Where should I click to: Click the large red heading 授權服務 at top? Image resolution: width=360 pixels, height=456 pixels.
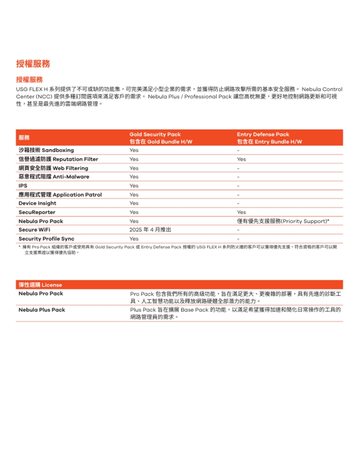coord(33,64)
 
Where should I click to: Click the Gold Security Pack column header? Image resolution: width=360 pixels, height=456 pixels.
coord(155,134)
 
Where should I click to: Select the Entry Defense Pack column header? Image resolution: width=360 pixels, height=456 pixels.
coord(263,134)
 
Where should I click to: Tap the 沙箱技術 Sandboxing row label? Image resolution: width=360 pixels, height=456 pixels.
coord(46,150)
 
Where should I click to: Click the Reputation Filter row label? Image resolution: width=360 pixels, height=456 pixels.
coord(58,159)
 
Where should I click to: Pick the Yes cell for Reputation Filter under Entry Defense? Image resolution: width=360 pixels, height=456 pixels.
coord(241,159)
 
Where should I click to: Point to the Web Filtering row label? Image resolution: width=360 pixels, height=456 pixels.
coord(53,168)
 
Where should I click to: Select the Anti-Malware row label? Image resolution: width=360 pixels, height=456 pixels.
coord(54,177)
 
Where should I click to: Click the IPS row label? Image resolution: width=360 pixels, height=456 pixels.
coord(23,186)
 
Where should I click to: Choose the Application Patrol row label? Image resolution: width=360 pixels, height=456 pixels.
coord(60,194)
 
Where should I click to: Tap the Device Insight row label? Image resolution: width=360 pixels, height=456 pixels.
coord(37,204)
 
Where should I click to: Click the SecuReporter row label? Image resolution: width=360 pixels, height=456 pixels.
coord(37,212)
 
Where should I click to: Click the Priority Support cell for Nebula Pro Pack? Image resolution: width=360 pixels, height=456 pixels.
coord(283,221)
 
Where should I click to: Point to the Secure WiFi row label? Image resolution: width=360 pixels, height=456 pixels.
coord(34,230)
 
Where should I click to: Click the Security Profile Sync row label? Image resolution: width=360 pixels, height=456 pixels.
coord(47,239)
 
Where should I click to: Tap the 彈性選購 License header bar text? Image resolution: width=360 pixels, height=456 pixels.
coord(40,285)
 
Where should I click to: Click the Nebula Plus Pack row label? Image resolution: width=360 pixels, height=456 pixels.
coord(42,310)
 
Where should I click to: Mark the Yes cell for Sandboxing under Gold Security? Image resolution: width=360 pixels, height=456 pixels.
coord(134,150)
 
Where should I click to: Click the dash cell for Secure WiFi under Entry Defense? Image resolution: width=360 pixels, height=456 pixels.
coord(238,230)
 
